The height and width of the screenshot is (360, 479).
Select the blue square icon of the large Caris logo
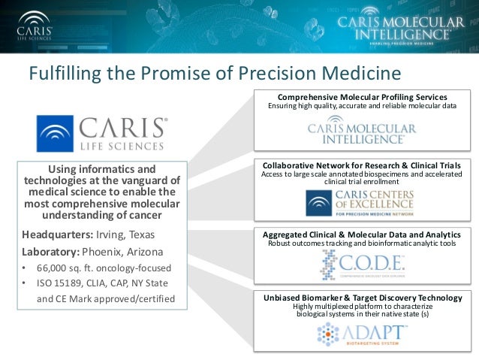56,134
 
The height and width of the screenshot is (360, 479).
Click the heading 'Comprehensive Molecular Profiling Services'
363,98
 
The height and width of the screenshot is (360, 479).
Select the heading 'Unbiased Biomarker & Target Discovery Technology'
363,298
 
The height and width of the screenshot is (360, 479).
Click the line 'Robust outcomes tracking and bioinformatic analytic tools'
362,244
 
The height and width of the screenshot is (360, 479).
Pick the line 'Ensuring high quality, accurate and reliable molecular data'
362,107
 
